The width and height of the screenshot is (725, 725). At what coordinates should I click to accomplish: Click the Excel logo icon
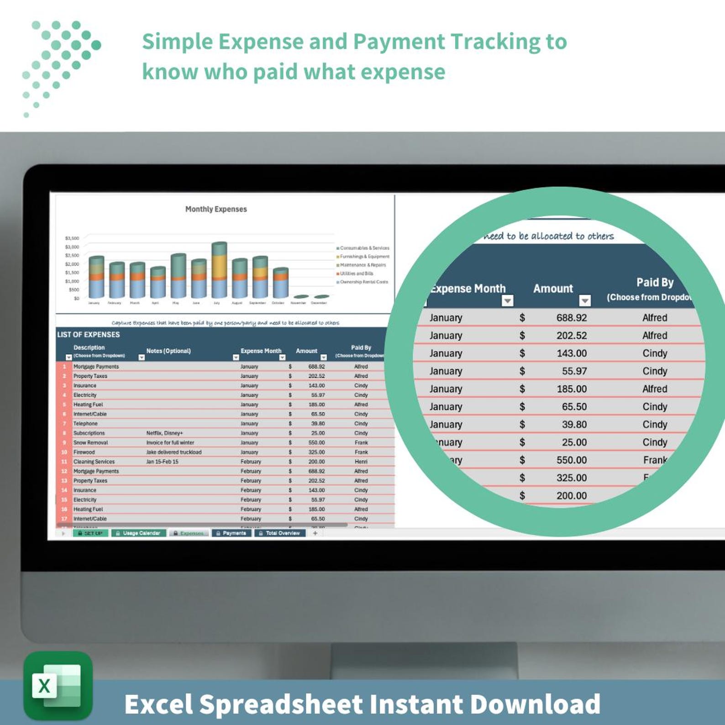pos(58,685)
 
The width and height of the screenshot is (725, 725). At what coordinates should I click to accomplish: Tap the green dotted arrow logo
pos(62,66)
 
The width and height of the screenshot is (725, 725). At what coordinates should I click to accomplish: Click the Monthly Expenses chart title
pos(216,209)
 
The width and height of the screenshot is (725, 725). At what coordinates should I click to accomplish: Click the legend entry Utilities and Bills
pos(356,273)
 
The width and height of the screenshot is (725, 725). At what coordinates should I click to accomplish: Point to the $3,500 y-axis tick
pos(72,238)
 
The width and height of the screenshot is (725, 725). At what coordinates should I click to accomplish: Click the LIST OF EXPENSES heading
pos(89,335)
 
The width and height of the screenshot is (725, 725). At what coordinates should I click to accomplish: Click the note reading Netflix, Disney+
pos(164,433)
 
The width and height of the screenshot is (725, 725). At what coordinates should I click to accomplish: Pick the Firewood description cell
pos(84,452)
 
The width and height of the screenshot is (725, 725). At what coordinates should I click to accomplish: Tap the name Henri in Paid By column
pos(361,462)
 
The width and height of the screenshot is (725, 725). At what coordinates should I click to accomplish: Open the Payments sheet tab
pos(231,533)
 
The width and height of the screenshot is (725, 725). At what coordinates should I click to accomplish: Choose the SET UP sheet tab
pos(90,533)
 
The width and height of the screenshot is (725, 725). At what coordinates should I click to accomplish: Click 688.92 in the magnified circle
pos(571,318)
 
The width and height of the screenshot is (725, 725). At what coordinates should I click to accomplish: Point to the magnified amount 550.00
pos(571,460)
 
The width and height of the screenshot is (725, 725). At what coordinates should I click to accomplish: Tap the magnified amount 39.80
pos(574,425)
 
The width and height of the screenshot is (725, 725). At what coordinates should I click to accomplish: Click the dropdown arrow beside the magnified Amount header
pos(585,300)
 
